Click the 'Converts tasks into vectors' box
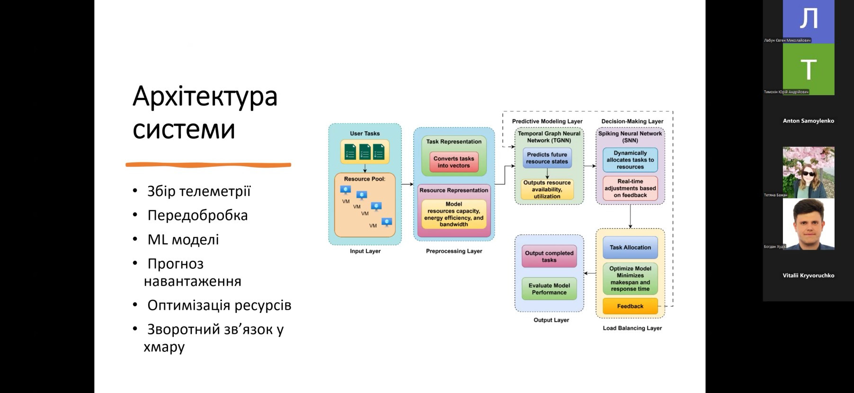(x=454, y=162)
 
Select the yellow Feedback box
(x=630, y=306)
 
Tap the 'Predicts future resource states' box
(x=547, y=158)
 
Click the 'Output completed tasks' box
(x=549, y=257)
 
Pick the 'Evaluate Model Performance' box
(x=549, y=289)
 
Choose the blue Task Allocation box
(x=630, y=248)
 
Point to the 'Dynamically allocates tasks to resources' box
(x=630, y=160)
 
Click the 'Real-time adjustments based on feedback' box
(x=630, y=188)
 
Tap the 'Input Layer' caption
(x=365, y=251)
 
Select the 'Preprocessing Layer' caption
(x=454, y=251)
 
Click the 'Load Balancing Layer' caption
(x=632, y=328)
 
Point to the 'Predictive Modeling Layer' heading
(x=547, y=121)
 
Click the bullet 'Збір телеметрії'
(x=199, y=191)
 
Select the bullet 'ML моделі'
(x=183, y=240)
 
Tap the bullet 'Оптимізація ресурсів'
(x=219, y=305)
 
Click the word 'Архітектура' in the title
(x=205, y=96)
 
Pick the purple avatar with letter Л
(x=809, y=19)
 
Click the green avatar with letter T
(x=809, y=69)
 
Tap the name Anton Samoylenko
(x=808, y=121)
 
